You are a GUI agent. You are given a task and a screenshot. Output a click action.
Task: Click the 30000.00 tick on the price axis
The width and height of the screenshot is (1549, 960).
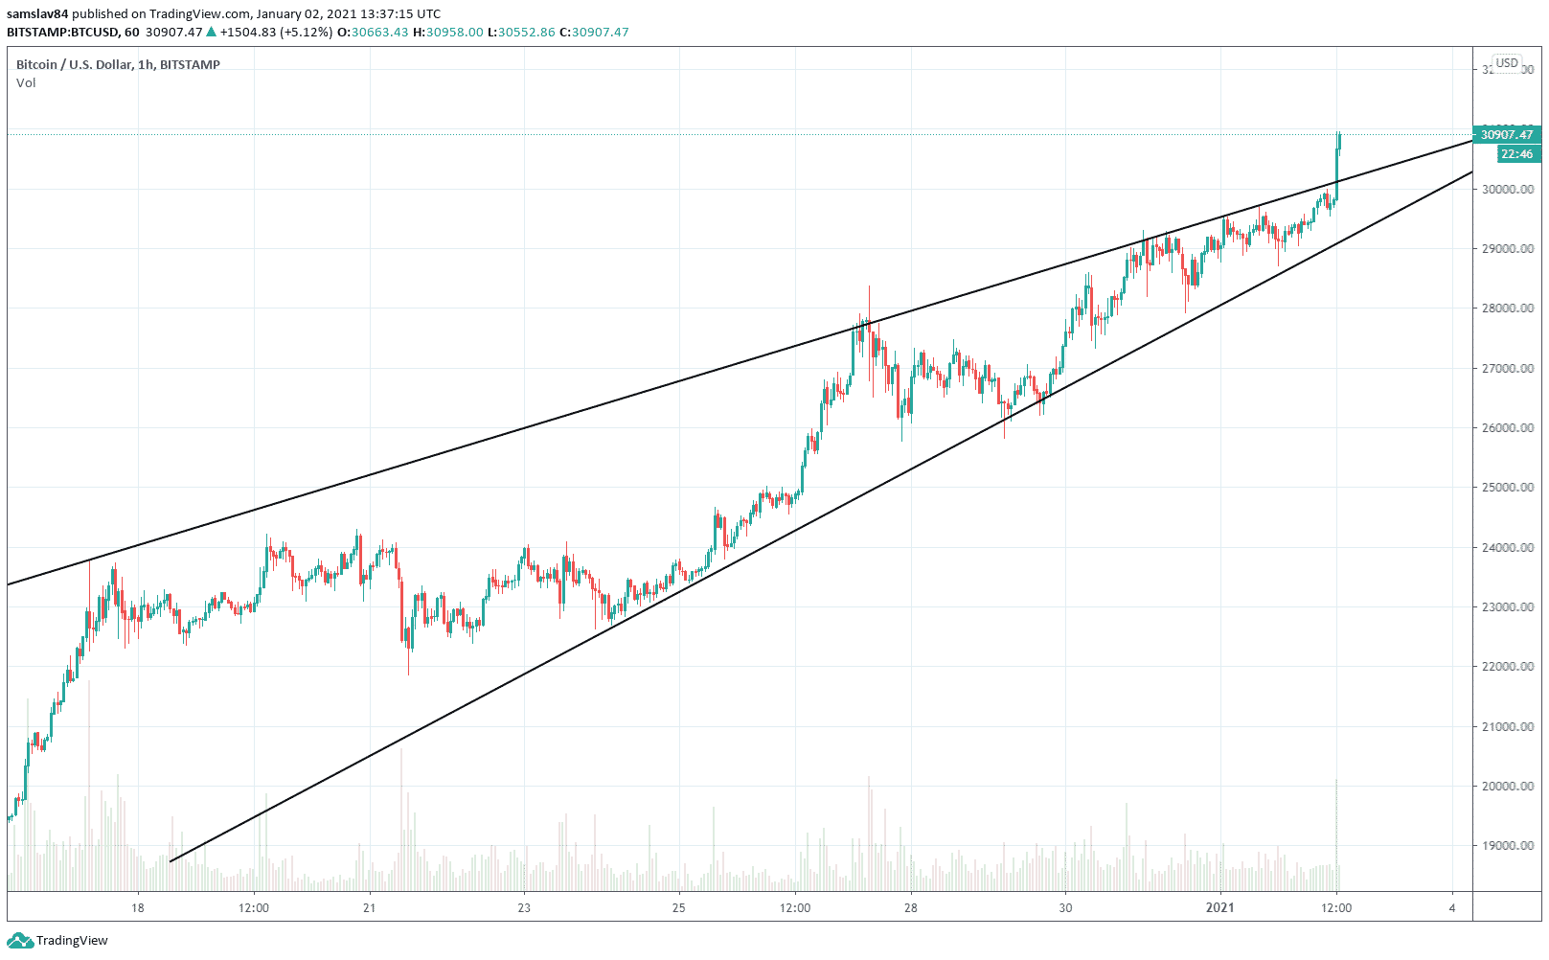1507,190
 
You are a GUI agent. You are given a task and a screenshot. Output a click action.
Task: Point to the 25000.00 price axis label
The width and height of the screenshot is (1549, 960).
1507,488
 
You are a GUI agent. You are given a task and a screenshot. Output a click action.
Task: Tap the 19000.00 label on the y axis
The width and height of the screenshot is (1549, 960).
1507,846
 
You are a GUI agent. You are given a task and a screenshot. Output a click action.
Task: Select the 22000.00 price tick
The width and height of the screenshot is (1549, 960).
1507,667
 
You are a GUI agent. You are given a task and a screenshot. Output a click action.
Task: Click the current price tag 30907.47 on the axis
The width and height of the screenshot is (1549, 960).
1506,135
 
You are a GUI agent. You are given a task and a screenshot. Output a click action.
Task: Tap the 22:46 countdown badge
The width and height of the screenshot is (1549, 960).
1515,154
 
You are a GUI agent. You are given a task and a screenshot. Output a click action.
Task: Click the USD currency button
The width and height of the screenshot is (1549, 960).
1507,63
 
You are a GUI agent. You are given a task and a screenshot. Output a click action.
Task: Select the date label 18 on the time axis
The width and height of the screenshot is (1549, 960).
138,908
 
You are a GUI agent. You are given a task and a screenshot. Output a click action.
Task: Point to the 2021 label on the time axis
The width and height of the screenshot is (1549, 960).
1219,908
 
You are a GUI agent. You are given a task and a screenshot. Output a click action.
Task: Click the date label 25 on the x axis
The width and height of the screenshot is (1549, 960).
678,908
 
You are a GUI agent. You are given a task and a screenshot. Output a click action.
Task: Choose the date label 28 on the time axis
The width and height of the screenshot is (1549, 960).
911,908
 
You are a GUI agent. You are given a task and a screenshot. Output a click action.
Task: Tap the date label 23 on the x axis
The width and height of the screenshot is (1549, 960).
524,908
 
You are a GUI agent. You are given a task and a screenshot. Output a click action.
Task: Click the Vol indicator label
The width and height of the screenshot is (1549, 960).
26,83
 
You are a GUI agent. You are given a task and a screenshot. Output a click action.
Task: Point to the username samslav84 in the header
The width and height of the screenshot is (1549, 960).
37,14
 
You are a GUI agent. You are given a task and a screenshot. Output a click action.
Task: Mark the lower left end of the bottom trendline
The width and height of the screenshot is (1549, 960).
171,861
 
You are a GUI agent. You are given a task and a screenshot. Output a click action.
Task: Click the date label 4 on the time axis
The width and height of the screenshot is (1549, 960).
1452,908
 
